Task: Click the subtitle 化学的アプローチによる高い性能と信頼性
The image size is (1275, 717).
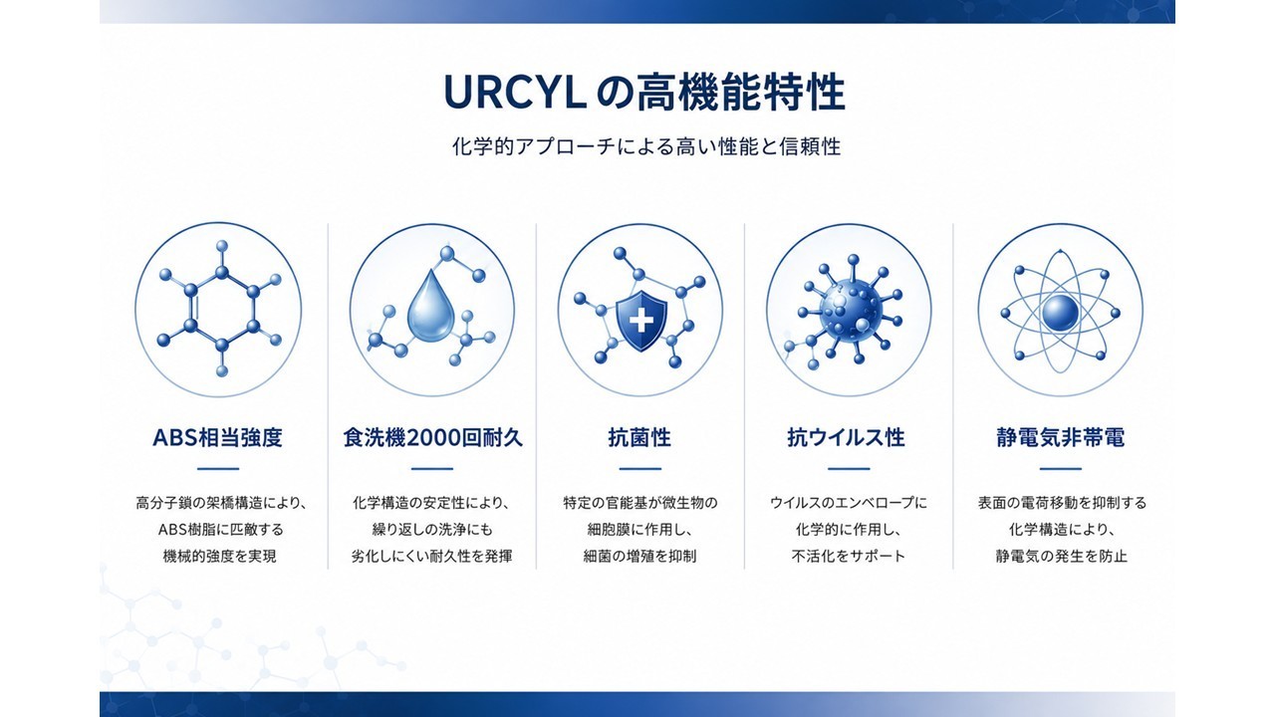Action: pos(646,146)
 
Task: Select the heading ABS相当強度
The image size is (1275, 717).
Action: pos(217,437)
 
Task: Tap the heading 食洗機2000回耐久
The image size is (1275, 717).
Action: pos(432,437)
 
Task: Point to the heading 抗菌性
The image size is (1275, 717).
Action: pos(639,437)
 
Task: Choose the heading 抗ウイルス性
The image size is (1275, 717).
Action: pos(847,437)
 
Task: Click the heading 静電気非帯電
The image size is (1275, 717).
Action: pos(1061,437)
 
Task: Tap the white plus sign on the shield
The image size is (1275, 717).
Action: pos(641,321)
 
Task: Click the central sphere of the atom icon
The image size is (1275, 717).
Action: pos(1060,313)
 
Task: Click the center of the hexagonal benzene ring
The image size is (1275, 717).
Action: pos(222,309)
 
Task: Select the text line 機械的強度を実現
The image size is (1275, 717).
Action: pos(220,556)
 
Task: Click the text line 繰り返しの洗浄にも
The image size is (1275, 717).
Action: pos(432,529)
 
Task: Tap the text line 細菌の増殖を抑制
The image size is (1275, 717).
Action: pos(639,556)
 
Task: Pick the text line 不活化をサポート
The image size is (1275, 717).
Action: pos(848,556)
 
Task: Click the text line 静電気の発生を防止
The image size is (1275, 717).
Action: pos(1062,556)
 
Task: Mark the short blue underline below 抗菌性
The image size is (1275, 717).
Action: pos(640,469)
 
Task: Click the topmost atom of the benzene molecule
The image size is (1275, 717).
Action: pos(222,246)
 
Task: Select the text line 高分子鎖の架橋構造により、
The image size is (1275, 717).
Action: pos(221,503)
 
